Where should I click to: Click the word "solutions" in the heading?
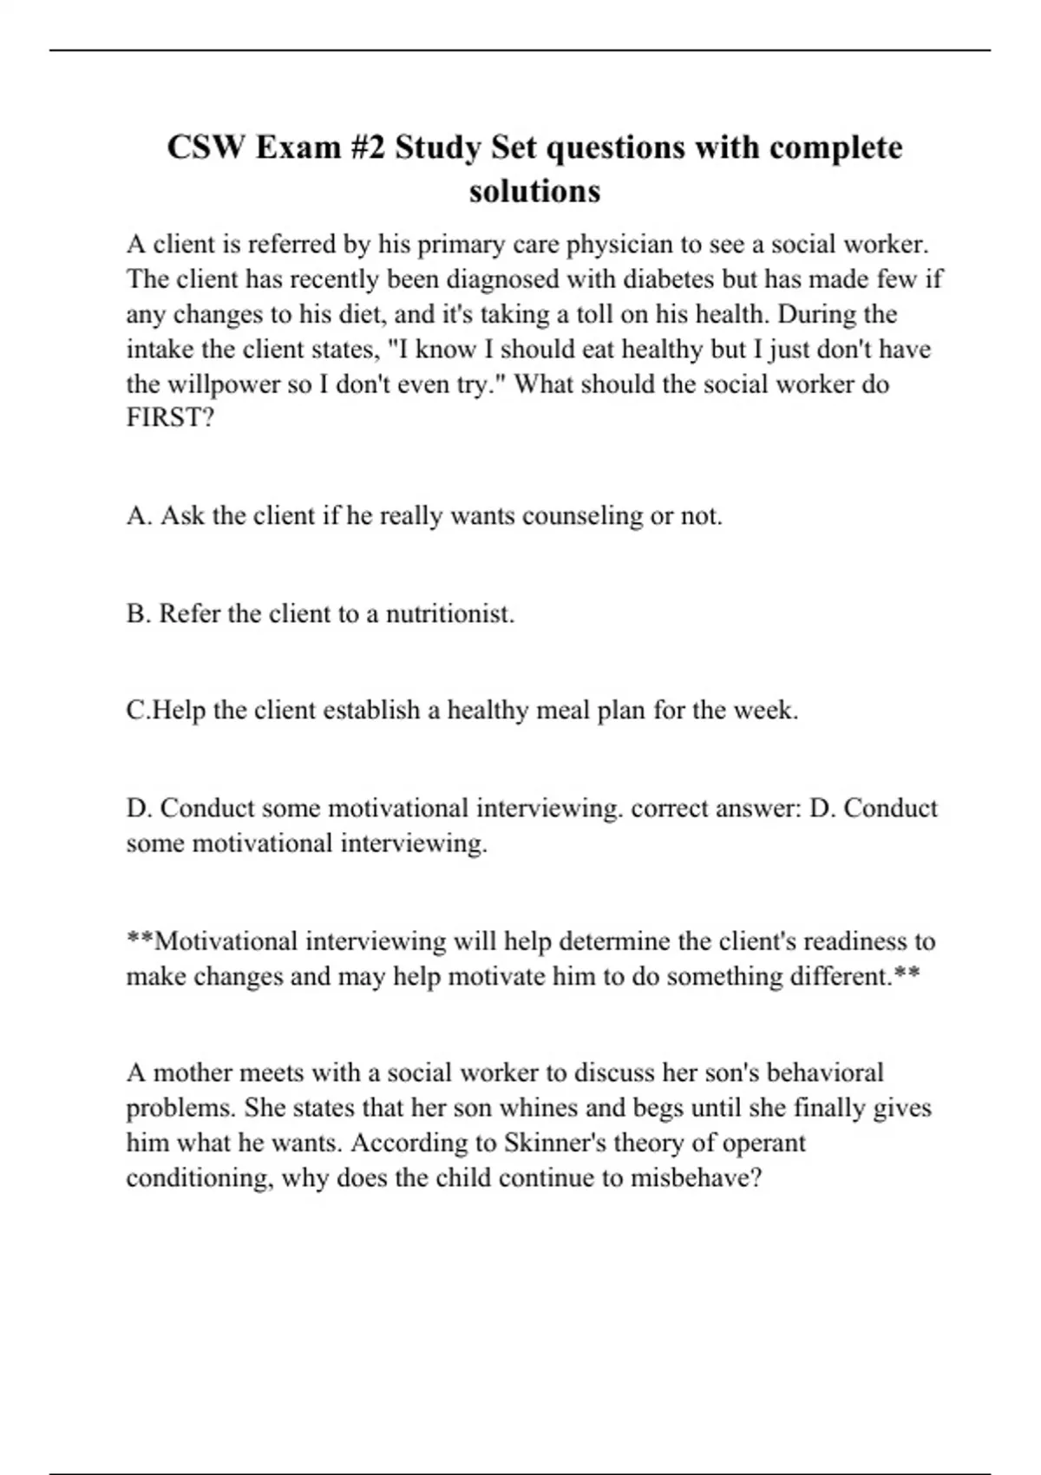[534, 191]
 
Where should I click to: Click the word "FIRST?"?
[170, 418]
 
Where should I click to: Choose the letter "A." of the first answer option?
[140, 516]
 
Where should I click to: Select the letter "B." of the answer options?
[139, 614]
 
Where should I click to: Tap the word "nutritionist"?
[449, 614]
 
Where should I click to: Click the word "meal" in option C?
[563, 711]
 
